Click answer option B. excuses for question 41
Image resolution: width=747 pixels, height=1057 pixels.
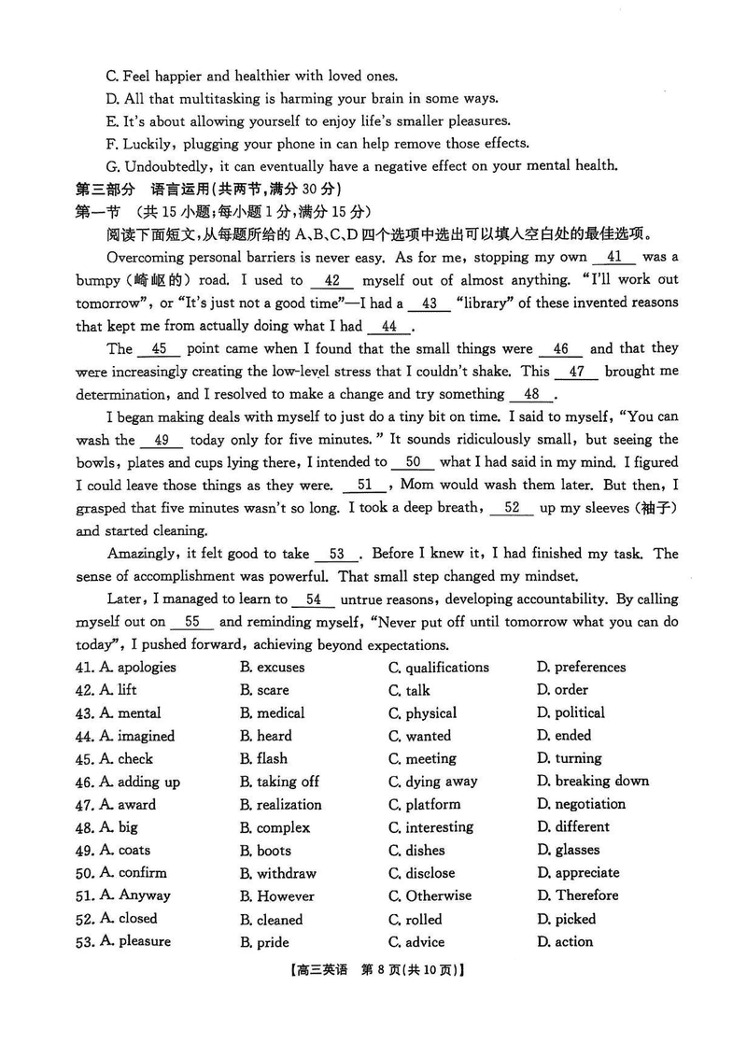pos(272,668)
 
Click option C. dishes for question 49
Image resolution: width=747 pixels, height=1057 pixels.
pos(416,851)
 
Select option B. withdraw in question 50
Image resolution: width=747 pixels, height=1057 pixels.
pos(277,874)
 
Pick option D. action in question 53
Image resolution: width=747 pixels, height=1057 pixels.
pos(564,942)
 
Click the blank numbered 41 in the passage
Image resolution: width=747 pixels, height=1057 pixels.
pos(613,257)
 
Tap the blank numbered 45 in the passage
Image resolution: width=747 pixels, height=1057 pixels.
pos(159,348)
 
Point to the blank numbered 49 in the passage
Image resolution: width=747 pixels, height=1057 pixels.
pos(162,440)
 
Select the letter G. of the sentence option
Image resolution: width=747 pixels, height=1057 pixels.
pos(113,166)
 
